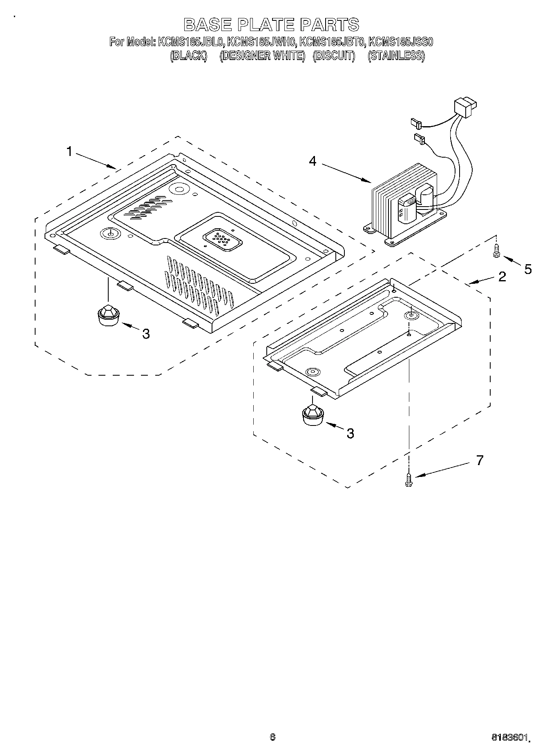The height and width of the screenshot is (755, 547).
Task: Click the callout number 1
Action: (x=69, y=152)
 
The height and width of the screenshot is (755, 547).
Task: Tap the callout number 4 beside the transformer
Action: (x=313, y=161)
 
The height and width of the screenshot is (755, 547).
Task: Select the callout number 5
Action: (x=528, y=269)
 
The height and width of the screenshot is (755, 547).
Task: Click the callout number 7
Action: (x=480, y=461)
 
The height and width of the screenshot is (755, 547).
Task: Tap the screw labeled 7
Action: (x=408, y=479)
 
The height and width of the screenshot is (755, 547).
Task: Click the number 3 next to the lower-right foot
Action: (x=350, y=434)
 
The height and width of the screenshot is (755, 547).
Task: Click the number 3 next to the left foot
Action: (x=146, y=334)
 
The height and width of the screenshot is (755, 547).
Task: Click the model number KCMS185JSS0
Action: (x=400, y=42)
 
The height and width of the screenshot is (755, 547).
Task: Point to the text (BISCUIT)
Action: (x=334, y=56)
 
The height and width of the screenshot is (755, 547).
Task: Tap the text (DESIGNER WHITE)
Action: (x=262, y=56)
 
